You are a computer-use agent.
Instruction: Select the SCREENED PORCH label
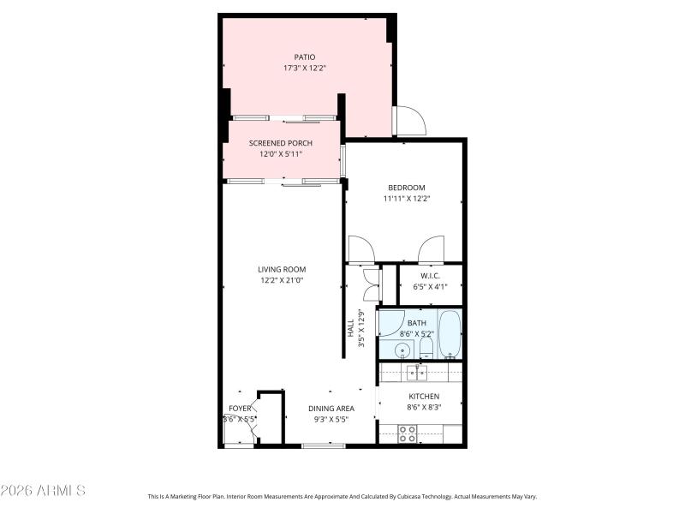(x=281, y=143)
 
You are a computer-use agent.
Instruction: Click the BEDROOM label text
(x=406, y=188)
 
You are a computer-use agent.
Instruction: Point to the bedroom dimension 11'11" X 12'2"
(x=406, y=199)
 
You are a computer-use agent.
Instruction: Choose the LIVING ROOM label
(x=282, y=269)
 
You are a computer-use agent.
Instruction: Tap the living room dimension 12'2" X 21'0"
(x=282, y=280)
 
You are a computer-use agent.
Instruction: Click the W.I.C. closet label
(x=430, y=276)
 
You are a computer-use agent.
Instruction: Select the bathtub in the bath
(x=450, y=334)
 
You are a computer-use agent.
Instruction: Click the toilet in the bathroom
(x=426, y=346)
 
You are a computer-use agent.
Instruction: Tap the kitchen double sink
(x=418, y=372)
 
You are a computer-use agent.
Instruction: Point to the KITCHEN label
(x=423, y=397)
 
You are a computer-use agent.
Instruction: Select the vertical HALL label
(x=350, y=328)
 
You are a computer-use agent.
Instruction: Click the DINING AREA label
(x=331, y=409)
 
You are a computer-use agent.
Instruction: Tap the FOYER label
(x=240, y=409)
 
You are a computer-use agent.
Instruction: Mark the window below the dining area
(x=324, y=445)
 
